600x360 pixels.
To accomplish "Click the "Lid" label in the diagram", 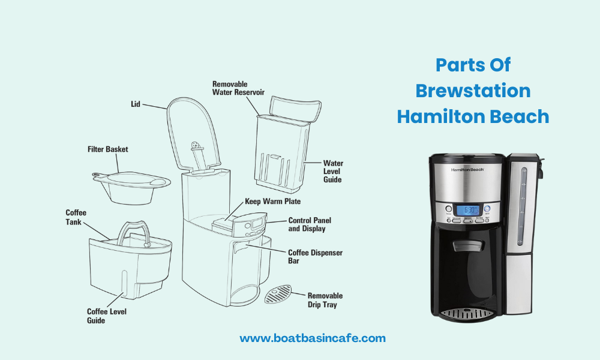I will click(x=135, y=104).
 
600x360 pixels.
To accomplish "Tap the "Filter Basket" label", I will click(x=108, y=149).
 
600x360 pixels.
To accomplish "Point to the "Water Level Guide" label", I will click(x=333, y=171).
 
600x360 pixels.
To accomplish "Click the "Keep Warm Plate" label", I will click(x=272, y=201).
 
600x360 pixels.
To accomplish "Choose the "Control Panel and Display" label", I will click(x=310, y=224).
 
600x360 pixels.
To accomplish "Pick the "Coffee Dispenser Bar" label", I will click(x=315, y=257).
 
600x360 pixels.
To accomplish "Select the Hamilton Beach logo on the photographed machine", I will click(x=468, y=170).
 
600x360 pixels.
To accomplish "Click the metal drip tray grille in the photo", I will click(x=468, y=313).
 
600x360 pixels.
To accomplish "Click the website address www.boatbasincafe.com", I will click(x=313, y=338).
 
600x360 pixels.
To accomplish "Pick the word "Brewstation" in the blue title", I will click(x=473, y=91).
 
